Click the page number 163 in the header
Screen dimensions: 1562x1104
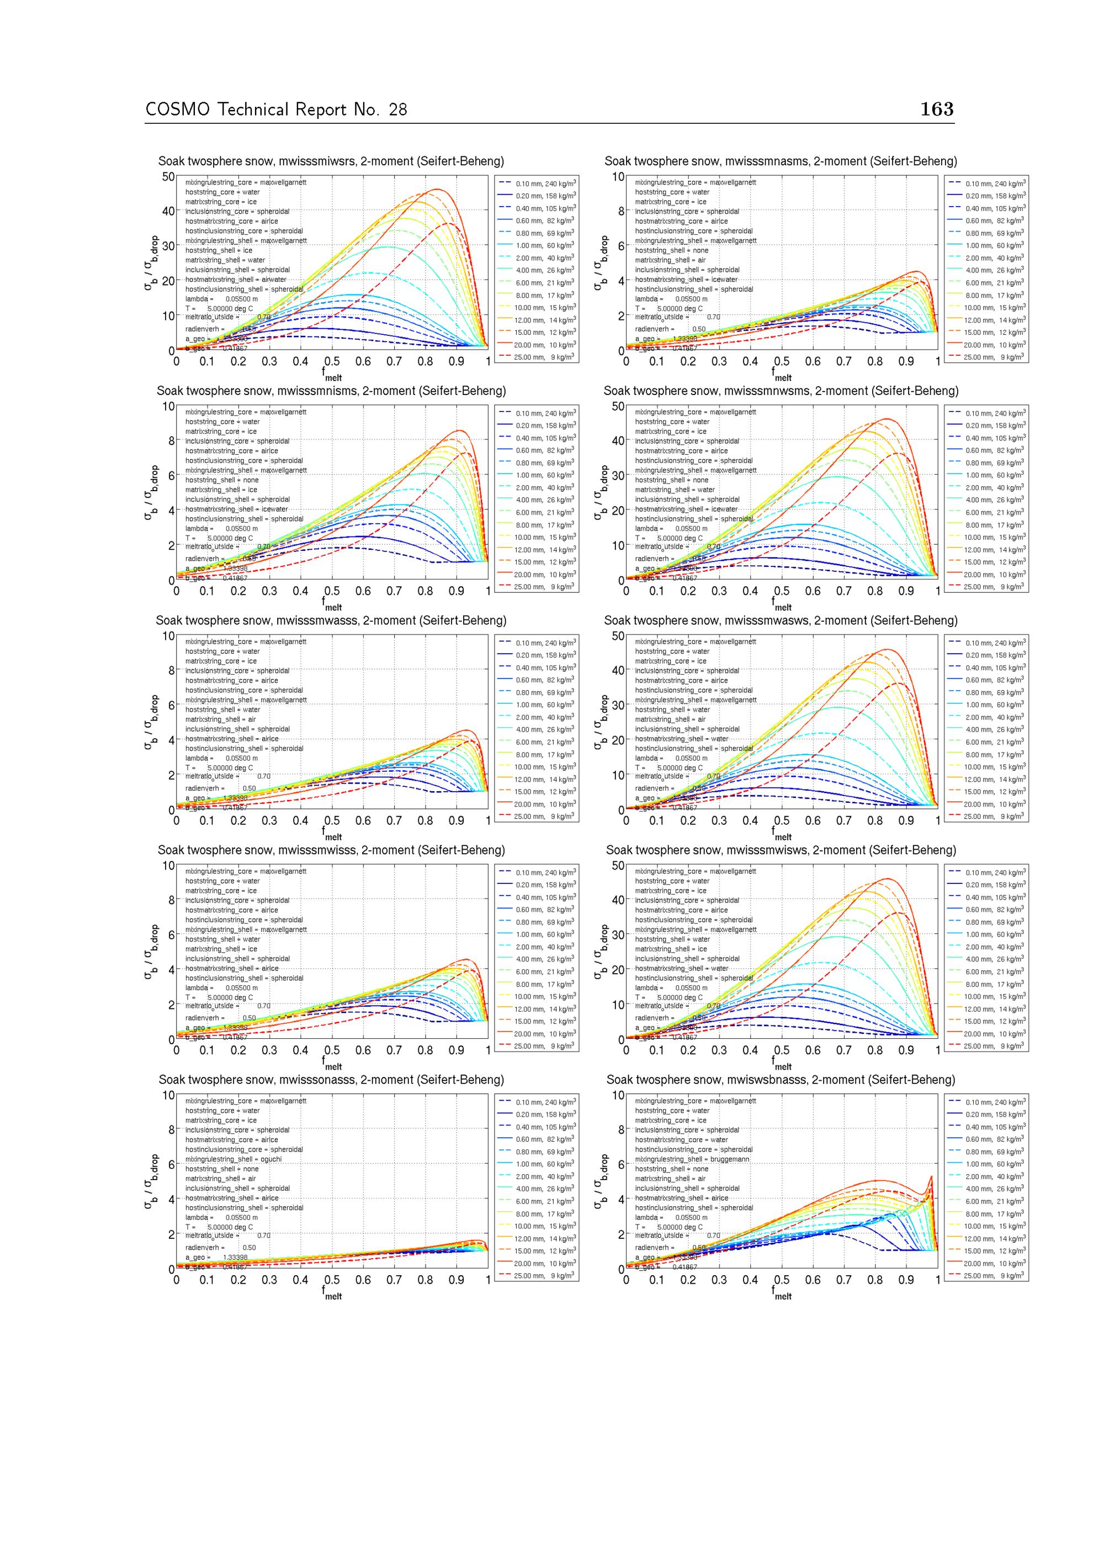937,109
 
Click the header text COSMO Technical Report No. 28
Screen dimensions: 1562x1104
276,109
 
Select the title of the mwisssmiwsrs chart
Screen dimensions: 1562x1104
331,161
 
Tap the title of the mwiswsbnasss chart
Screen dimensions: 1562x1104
781,1080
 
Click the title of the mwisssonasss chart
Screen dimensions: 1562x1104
331,1080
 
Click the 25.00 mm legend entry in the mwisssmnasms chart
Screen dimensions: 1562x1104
994,356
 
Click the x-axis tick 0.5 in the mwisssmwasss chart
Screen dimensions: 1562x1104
332,821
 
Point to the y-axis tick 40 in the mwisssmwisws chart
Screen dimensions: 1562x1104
617,900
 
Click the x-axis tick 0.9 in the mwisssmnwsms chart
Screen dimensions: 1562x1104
905,591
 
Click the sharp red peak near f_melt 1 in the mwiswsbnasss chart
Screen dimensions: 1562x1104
931,1176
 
